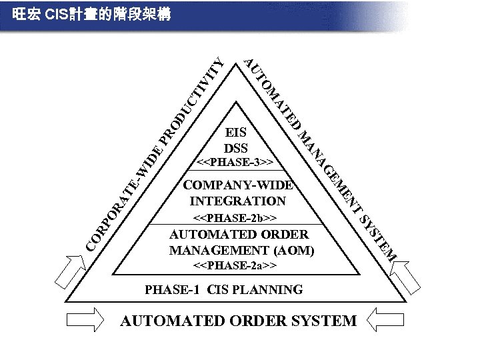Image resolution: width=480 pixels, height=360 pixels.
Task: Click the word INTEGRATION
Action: [x=238, y=201]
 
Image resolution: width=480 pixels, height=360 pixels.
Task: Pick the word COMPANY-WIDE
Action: [x=238, y=185]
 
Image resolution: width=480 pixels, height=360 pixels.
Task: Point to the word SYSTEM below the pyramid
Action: [x=324, y=321]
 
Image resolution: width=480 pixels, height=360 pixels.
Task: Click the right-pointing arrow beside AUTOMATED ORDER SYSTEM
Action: [x=85, y=320]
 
